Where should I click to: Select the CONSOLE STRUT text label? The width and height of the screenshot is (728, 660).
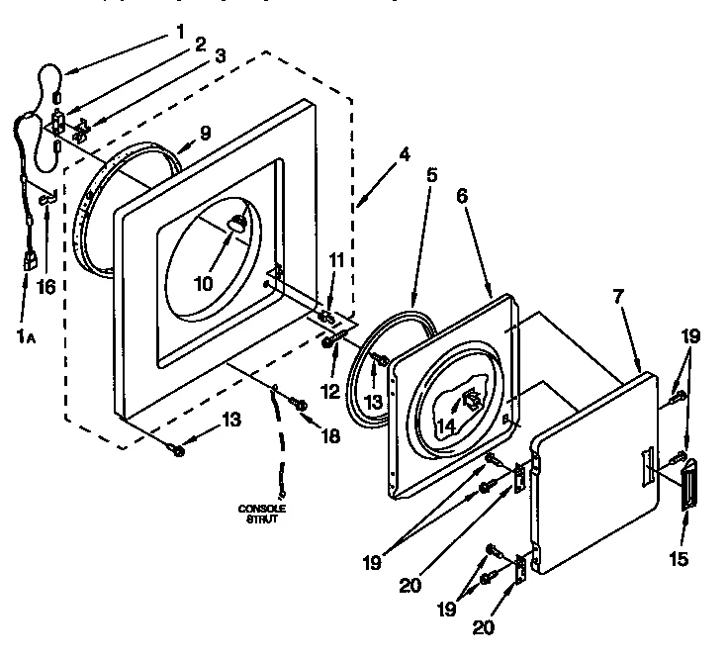pyautogui.click(x=262, y=514)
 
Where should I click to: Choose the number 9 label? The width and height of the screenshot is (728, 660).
pyautogui.click(x=206, y=131)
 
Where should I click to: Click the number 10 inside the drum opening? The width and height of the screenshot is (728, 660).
pyautogui.click(x=203, y=283)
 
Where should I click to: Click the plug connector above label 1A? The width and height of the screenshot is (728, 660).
pyautogui.click(x=30, y=261)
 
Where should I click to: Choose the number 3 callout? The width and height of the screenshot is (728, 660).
pyautogui.click(x=221, y=56)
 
